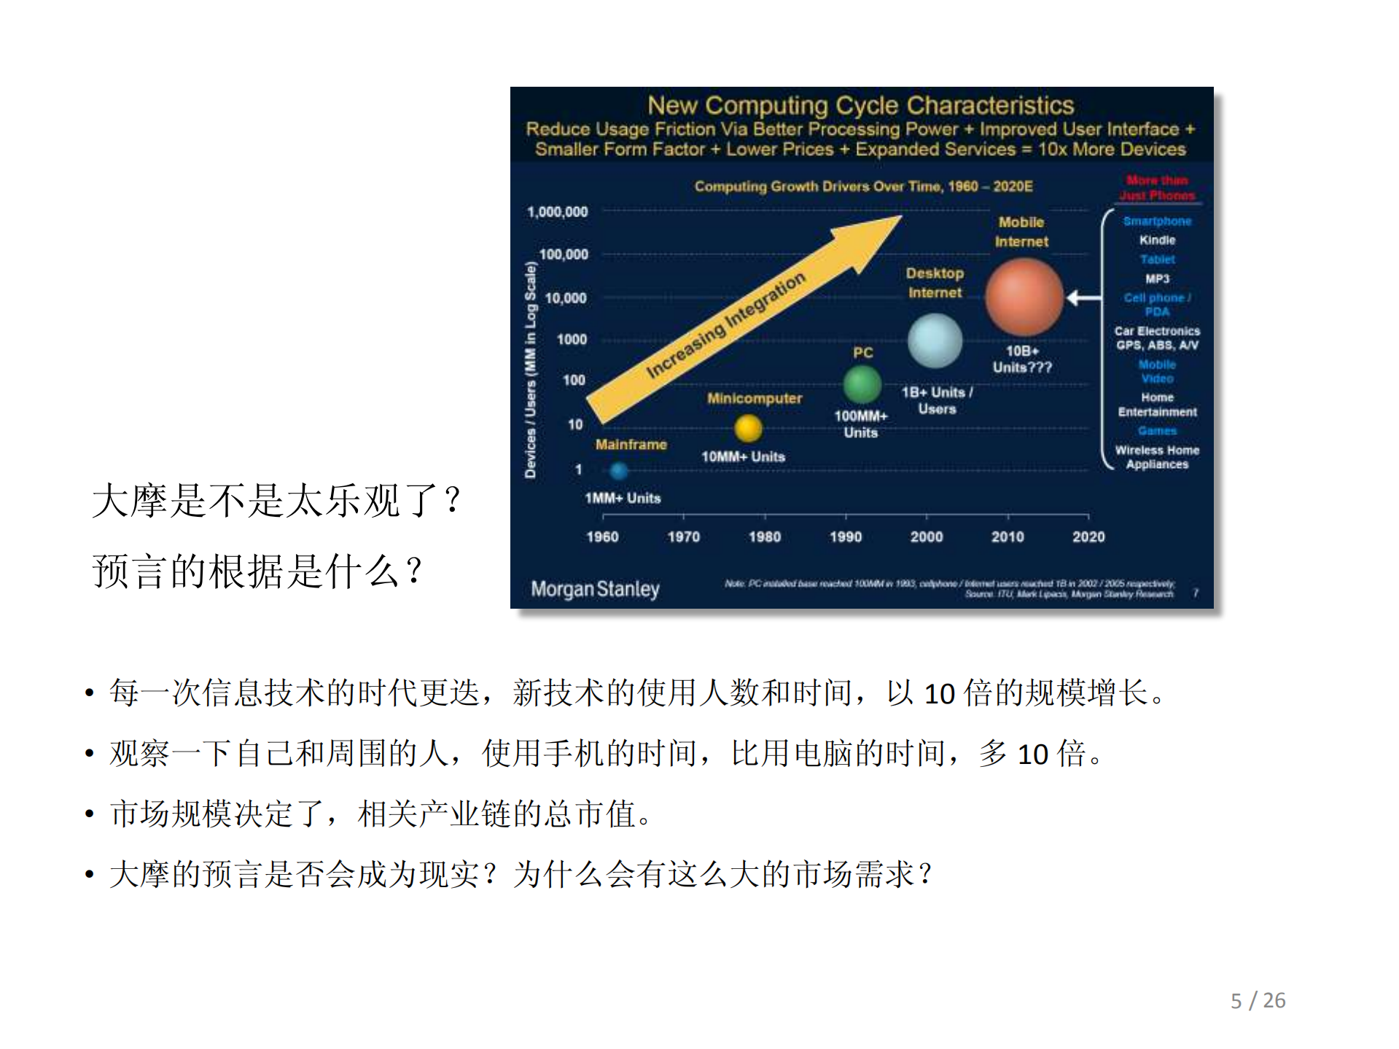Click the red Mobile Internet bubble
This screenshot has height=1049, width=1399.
[x=1024, y=297]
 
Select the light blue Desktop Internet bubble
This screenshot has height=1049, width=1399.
[x=935, y=340]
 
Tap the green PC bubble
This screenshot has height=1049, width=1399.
[x=862, y=383]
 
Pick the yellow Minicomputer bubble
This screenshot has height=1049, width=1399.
[x=748, y=428]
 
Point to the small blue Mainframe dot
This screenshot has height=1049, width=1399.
[x=619, y=471]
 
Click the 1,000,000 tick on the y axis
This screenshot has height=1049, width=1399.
[x=558, y=211]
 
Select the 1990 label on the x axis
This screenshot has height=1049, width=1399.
[x=846, y=537]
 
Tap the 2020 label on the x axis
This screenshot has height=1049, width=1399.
[x=1088, y=537]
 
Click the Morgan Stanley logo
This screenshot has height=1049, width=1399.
[x=595, y=589]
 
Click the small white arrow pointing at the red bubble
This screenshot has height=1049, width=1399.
[x=1083, y=297]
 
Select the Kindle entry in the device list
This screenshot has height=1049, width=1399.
[x=1157, y=240]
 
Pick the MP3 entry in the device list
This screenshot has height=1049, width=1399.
[x=1157, y=278]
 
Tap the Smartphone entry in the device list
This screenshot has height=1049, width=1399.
[x=1157, y=221]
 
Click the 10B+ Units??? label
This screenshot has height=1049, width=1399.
[x=1022, y=359]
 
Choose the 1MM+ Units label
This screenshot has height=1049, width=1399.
[x=623, y=499]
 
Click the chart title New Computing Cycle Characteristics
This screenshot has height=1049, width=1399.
[x=860, y=106]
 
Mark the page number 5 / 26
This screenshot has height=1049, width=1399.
[x=1258, y=1000]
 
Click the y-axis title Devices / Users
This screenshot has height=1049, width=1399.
[x=531, y=370]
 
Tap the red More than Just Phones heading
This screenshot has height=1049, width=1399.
[x=1157, y=187]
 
